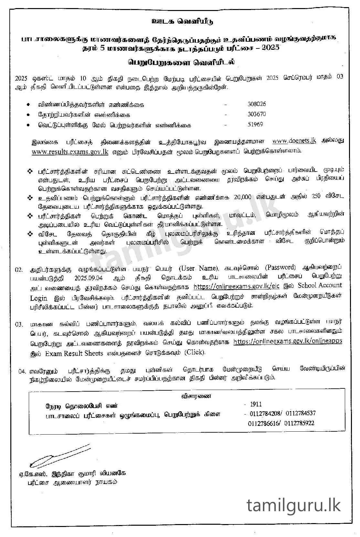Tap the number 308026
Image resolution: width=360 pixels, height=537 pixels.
click(x=257, y=104)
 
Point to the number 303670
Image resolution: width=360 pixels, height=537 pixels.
click(x=257, y=114)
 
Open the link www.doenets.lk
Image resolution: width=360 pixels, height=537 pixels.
click(x=294, y=141)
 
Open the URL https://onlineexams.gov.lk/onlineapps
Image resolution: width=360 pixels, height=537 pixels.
click(x=288, y=342)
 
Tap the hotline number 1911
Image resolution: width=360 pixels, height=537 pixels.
click(x=256, y=404)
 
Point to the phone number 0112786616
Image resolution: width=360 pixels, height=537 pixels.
click(x=264, y=423)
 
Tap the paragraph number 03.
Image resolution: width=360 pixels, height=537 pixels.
click(x=19, y=324)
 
